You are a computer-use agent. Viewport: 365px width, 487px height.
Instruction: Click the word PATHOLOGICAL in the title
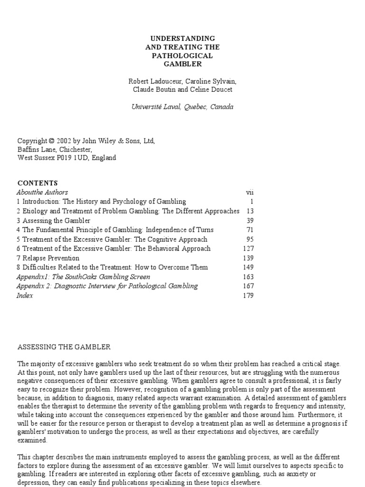[182, 56]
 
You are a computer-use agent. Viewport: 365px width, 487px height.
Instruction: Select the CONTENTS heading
[38, 183]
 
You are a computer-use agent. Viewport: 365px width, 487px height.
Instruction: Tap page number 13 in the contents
[250, 211]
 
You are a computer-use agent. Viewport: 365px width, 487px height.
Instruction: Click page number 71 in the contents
[250, 230]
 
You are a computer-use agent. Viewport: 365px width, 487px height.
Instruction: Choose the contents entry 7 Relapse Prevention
[48, 258]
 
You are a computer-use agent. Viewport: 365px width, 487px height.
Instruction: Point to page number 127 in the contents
[248, 248]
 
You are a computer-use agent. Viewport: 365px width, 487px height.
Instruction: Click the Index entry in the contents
[25, 295]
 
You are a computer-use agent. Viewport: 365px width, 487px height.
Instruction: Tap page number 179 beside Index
[248, 295]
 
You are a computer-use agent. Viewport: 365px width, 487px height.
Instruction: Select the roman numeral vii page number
[250, 192]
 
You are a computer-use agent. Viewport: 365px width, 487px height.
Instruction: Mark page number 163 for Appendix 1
[248, 277]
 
